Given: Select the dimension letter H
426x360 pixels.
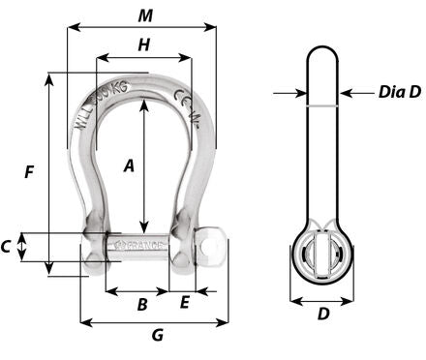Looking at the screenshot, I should point(143,44).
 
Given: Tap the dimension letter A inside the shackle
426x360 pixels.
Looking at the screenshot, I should point(129,165).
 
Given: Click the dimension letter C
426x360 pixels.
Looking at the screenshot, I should point(8,247).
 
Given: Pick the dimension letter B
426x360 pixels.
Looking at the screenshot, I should point(141,305).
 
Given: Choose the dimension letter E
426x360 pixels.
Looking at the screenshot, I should point(184,303).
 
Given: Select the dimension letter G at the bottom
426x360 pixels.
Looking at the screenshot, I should point(157,336).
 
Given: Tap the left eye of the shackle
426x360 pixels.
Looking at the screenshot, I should point(94,247).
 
